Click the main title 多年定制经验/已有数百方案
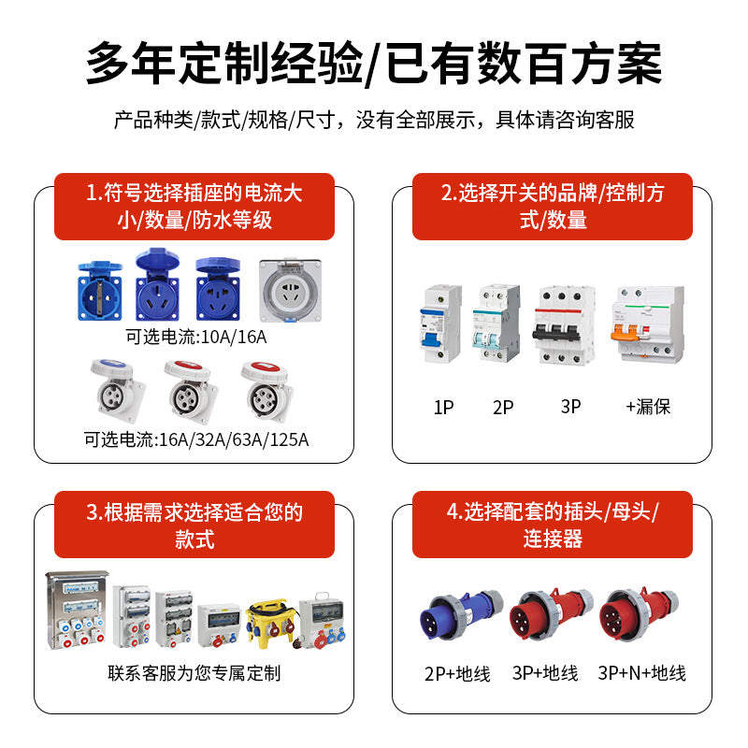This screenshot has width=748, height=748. pyautogui.click(x=374, y=64)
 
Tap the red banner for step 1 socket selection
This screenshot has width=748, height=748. pyautogui.click(x=194, y=207)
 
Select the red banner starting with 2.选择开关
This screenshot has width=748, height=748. pyautogui.click(x=552, y=207)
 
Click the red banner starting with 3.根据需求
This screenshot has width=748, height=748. pyautogui.click(x=194, y=525)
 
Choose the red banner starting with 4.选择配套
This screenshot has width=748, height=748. pyautogui.click(x=552, y=525)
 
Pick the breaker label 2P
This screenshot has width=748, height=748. pyautogui.click(x=503, y=407)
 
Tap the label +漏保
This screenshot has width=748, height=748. pyautogui.click(x=648, y=407)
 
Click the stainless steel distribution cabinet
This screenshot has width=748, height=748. pyautogui.click(x=77, y=613)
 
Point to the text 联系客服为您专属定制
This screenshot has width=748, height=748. pyautogui.click(x=194, y=673)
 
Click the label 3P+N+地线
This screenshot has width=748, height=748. pyautogui.click(x=641, y=673)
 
